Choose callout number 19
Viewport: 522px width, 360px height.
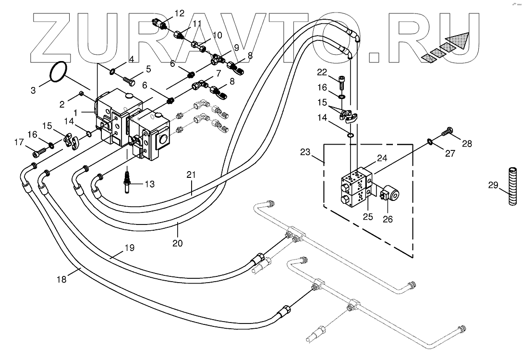[129, 248]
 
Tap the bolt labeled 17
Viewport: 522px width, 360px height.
[38, 153]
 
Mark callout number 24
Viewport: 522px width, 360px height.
[382, 158]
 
